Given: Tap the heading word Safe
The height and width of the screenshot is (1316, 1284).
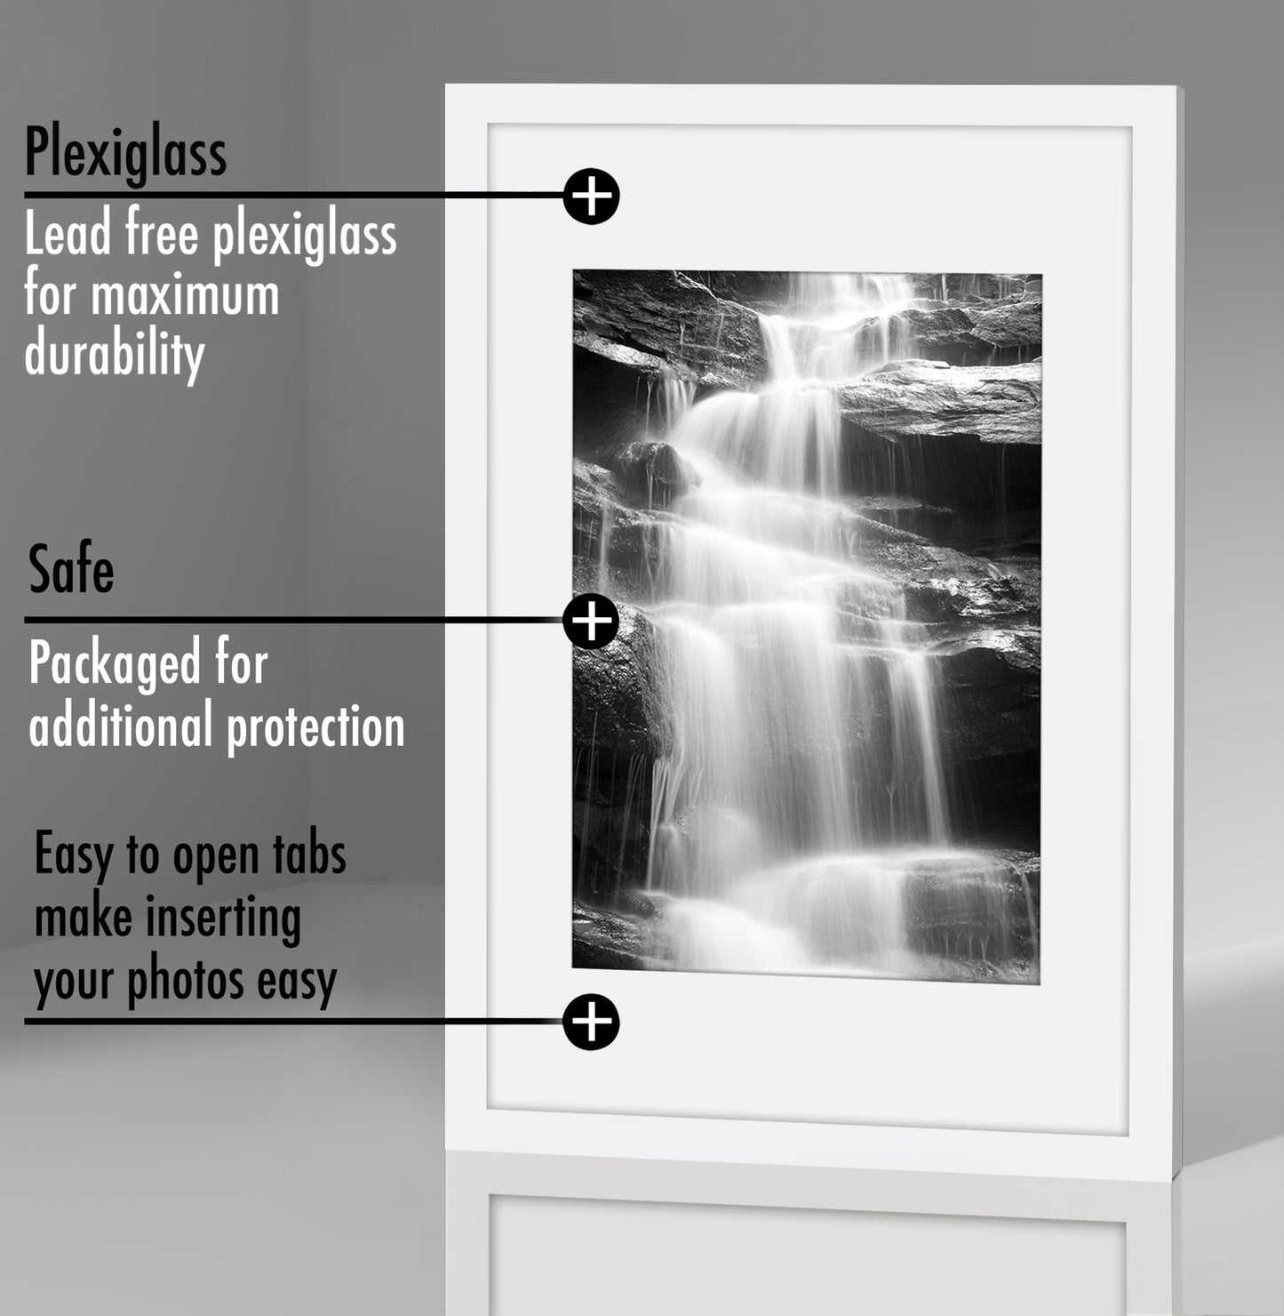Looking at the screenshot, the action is coord(71,569).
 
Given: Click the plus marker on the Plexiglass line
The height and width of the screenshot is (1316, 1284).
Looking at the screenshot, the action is coord(591,197).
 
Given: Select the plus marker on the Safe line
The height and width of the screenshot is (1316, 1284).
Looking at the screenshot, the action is coord(591,621).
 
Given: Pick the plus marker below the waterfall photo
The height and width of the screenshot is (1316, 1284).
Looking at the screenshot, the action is coord(591,1022).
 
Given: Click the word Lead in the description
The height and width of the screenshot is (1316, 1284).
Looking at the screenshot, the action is coord(68,232).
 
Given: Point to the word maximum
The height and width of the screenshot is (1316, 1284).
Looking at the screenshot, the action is coord(185,295).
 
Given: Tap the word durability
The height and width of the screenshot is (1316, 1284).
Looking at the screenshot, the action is coord(115,354).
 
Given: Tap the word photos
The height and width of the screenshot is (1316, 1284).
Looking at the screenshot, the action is coord(186,982).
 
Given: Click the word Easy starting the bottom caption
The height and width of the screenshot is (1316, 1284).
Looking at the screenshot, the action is coord(75,855).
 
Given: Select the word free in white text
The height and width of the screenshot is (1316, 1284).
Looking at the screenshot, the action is coord(163,232).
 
